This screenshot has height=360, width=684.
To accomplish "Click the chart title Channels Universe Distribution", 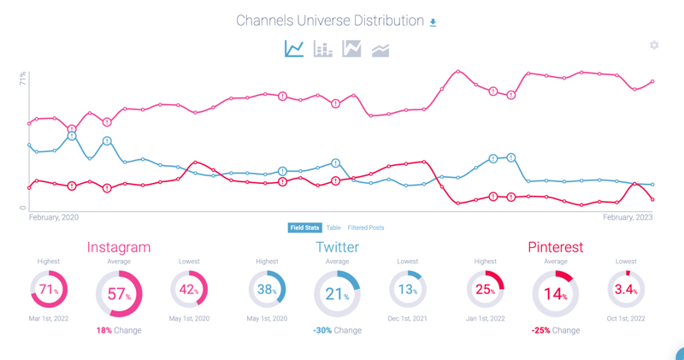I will (x=330, y=21).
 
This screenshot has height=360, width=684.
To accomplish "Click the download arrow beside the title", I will (x=433, y=22).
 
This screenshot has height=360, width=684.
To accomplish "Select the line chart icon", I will (x=294, y=50).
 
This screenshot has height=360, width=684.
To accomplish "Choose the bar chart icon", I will (x=323, y=50).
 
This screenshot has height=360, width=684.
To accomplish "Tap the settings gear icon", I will (x=654, y=45).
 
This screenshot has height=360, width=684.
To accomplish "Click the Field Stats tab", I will (x=304, y=228).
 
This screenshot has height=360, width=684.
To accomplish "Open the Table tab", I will (x=333, y=228).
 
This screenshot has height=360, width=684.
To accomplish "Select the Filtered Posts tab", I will (x=366, y=228).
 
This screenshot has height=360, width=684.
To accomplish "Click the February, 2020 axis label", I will (x=53, y=218).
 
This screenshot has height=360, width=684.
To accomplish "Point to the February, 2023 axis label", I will (x=628, y=218).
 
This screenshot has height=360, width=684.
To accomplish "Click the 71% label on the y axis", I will (x=22, y=80).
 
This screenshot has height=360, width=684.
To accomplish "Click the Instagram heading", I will (x=119, y=248).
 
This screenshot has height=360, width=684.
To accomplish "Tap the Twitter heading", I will (x=337, y=248).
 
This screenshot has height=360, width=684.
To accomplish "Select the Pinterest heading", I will (x=556, y=248).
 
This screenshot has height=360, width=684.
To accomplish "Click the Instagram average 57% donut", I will (x=119, y=294).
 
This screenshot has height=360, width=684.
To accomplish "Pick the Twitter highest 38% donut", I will (x=267, y=290).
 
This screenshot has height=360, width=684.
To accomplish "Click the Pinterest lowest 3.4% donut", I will (x=626, y=290).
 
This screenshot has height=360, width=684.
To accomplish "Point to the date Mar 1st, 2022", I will (x=49, y=318).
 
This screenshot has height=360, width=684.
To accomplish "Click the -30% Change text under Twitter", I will (x=337, y=330).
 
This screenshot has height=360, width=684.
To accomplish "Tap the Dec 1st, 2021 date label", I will (x=408, y=318).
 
